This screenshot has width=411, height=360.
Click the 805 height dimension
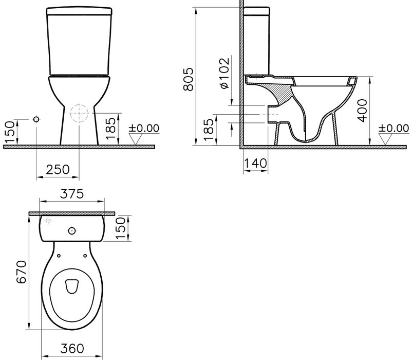point(189,80)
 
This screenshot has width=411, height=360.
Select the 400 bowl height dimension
point(363,110)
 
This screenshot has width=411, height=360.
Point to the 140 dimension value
point(255,163)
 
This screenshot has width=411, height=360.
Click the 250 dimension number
point(58,170)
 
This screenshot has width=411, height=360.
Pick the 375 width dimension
point(72,194)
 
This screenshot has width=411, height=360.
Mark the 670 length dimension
point(22,272)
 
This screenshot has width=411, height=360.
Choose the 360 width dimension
point(72,349)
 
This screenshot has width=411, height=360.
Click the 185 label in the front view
point(110,128)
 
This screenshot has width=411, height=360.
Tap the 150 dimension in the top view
point(121,228)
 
